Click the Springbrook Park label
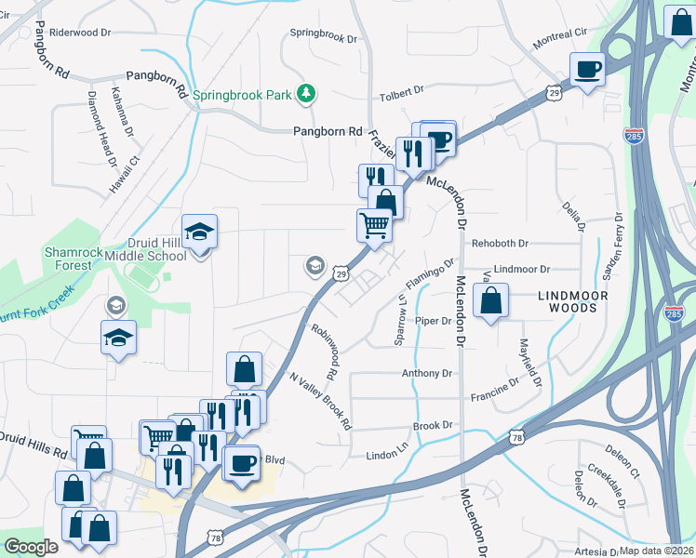pyautogui.click(x=250, y=94)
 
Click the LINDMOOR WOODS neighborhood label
pyautogui.click(x=576, y=299)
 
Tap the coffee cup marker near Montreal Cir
pyautogui.click(x=588, y=70)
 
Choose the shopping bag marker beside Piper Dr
pyautogui.click(x=491, y=301)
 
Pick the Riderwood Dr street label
pyautogui.click(x=79, y=32)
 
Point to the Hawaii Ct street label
pyautogui.click(x=135, y=172)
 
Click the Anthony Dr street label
pyautogui.click(x=426, y=374)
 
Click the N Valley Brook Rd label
pyautogui.click(x=321, y=401)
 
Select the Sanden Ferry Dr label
pyautogui.click(x=614, y=246)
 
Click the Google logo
pyautogui.click(x=31, y=547)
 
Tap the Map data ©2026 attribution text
pyautogui.click(x=657, y=550)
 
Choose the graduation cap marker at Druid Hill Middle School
pyautogui.click(x=200, y=231)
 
